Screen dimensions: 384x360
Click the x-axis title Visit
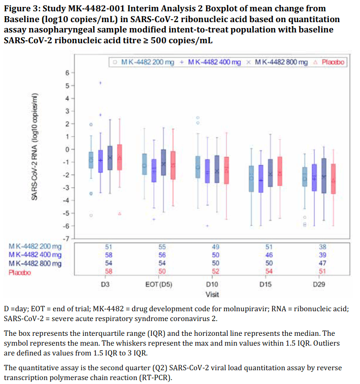[212, 294]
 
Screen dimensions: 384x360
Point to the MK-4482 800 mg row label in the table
[35, 264]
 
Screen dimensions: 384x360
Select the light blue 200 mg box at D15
[251, 178]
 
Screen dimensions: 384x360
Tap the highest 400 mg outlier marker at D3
[100, 83]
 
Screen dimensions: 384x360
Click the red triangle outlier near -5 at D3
[120, 213]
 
